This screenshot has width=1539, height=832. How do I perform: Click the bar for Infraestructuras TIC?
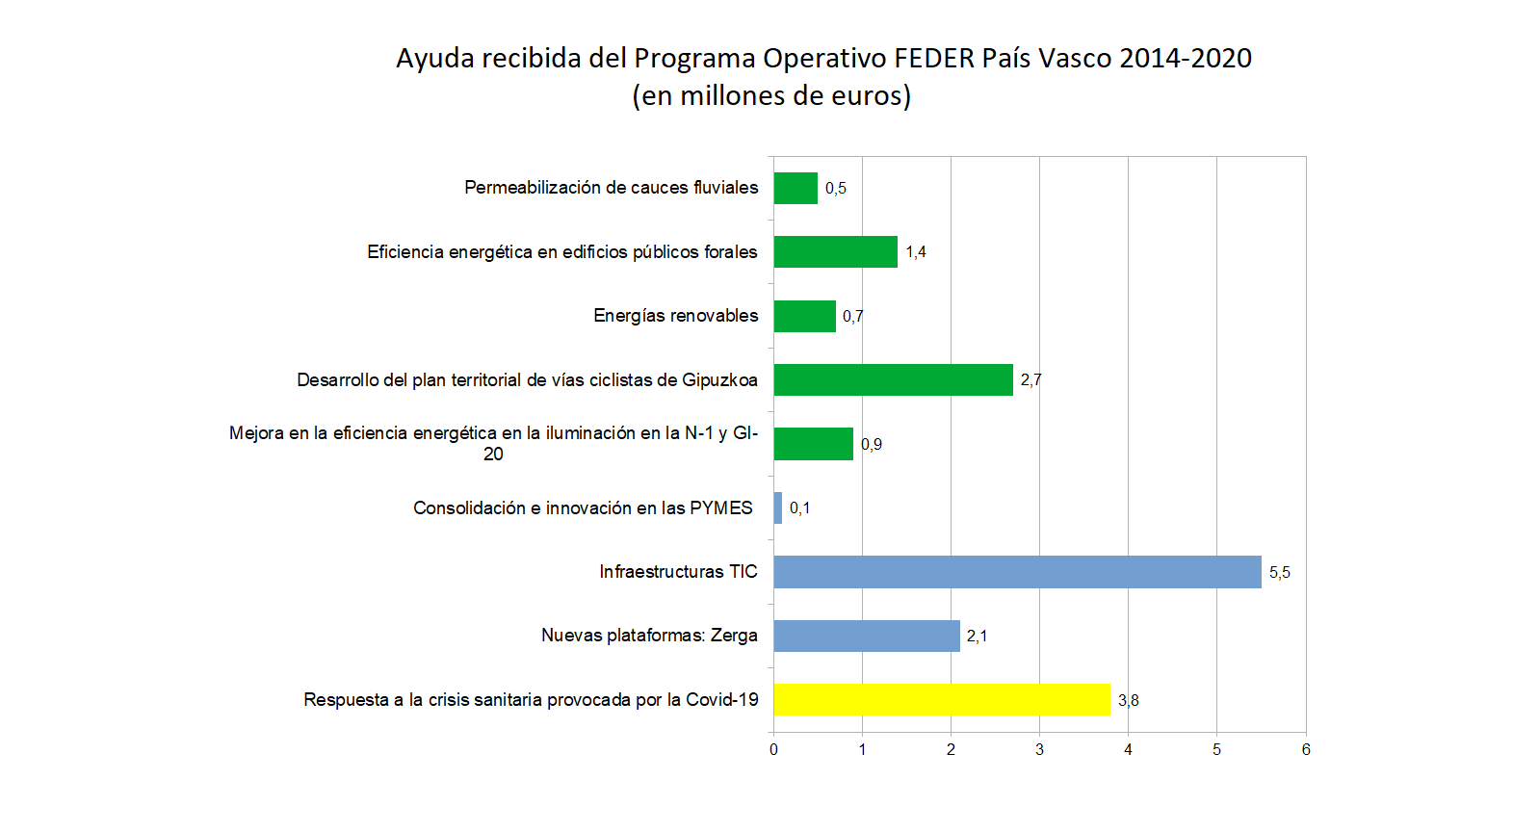(x=1017, y=572)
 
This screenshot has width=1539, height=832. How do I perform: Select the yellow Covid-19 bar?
(x=942, y=700)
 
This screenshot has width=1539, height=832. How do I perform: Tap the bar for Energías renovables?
(x=804, y=316)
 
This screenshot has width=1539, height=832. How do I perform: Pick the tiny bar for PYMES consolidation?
(x=777, y=507)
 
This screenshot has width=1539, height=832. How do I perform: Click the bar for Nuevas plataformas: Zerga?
(x=867, y=636)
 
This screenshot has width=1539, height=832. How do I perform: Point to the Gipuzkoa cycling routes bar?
(x=893, y=379)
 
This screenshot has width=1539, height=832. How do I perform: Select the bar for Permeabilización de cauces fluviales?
(x=796, y=188)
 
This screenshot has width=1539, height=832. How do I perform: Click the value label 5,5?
(x=1279, y=573)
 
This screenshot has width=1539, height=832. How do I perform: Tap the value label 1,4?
(x=915, y=252)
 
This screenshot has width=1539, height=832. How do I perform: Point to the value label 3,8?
(x=1128, y=701)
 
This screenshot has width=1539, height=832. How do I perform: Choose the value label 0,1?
(x=799, y=508)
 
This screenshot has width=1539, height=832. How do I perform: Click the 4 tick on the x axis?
(x=1128, y=749)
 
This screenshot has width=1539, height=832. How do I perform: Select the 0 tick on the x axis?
(x=773, y=749)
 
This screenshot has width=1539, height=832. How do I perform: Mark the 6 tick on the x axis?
(x=1306, y=749)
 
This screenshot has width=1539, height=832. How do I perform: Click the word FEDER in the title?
(x=933, y=59)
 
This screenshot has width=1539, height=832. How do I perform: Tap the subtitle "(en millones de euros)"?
(x=771, y=96)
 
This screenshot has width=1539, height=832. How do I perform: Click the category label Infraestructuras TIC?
(x=678, y=572)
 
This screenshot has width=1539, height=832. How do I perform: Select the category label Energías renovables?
(x=675, y=316)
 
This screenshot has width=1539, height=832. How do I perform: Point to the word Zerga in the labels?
(x=734, y=636)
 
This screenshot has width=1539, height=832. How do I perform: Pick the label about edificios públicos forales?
(x=561, y=252)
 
